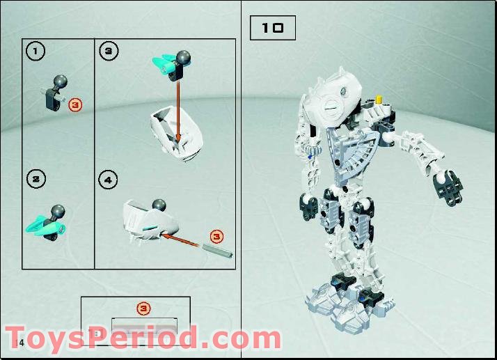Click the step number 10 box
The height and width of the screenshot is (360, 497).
tap(272, 29)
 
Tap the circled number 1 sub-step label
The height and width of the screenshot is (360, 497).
tap(35, 50)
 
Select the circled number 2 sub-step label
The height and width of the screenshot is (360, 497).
tap(35, 178)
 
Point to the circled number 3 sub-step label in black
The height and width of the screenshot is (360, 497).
tap(109, 50)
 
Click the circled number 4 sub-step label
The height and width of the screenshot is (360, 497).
tap(109, 180)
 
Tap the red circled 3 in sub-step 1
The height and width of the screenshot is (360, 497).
tap(76, 105)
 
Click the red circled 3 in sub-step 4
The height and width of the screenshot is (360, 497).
tap(216, 236)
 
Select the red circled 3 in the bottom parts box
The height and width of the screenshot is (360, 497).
tap(142, 307)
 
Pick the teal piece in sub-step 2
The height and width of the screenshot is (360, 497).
tap(39, 224)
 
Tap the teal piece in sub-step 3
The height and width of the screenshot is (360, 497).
tap(164, 65)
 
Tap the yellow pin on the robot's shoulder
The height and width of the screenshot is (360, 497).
tap(380, 100)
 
